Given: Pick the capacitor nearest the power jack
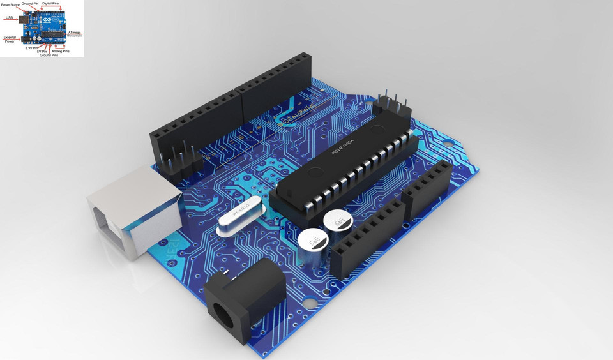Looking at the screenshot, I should click(x=312, y=246).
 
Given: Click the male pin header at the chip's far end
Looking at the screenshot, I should click(x=391, y=103).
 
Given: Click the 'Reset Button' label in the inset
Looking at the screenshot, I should click(x=11, y=5).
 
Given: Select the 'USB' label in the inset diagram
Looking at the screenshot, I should click(x=9, y=18).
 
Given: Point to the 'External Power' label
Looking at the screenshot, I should click(x=10, y=40).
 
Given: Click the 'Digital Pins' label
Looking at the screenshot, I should click(x=51, y=4).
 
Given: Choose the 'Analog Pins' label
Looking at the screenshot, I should click(x=62, y=51).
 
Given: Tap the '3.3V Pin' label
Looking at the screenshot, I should click(x=31, y=48).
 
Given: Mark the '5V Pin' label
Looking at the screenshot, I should click(x=43, y=51).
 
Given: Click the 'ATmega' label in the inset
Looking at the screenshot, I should click(x=75, y=32).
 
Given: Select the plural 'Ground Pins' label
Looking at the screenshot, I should click(x=49, y=56).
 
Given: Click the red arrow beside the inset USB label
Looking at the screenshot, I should click(x=19, y=19).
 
